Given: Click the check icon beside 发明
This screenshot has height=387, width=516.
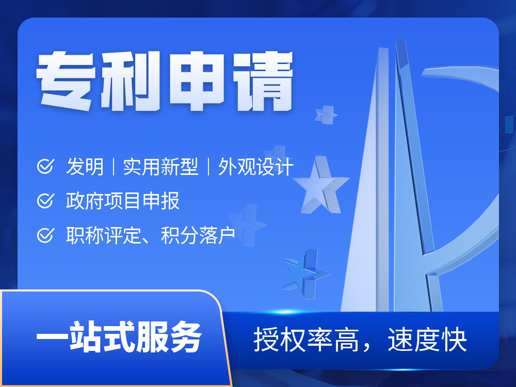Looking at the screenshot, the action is click(45, 166).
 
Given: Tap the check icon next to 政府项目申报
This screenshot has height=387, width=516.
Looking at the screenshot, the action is click(45, 200).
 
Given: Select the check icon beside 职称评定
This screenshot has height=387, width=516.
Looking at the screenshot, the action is click(45, 235).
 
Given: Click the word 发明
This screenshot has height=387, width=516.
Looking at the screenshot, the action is click(85, 167).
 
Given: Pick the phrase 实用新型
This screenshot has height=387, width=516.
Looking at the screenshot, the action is click(160, 167).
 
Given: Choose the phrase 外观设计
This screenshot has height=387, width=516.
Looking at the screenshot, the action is click(256, 167).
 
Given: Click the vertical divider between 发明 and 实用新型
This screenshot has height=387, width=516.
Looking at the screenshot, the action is click(114, 167).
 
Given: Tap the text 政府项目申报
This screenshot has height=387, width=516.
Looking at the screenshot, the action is click(123, 201).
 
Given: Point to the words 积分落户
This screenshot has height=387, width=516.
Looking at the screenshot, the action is click(198, 235).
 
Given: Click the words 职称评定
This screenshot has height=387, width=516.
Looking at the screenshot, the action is click(104, 235).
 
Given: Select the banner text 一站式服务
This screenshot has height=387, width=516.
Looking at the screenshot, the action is click(119, 336).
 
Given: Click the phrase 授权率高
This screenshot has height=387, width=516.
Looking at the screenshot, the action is click(306, 340).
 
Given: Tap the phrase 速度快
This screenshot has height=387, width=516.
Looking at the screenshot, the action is click(427, 340).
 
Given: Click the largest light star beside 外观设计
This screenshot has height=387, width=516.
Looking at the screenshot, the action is click(320, 186).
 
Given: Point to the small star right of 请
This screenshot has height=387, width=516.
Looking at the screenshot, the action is click(326, 115).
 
